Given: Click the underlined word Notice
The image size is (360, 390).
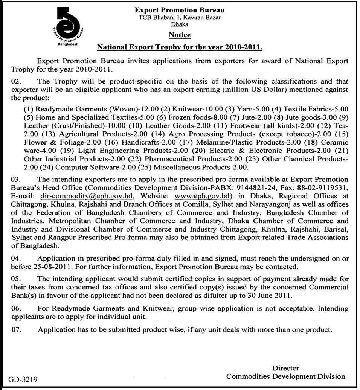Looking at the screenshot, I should pyautogui.click(x=179, y=35).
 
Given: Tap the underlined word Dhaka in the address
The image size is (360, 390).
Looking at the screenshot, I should pyautogui.click(x=180, y=24).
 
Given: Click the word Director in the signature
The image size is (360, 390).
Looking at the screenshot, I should pyautogui.click(x=285, y=368).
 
